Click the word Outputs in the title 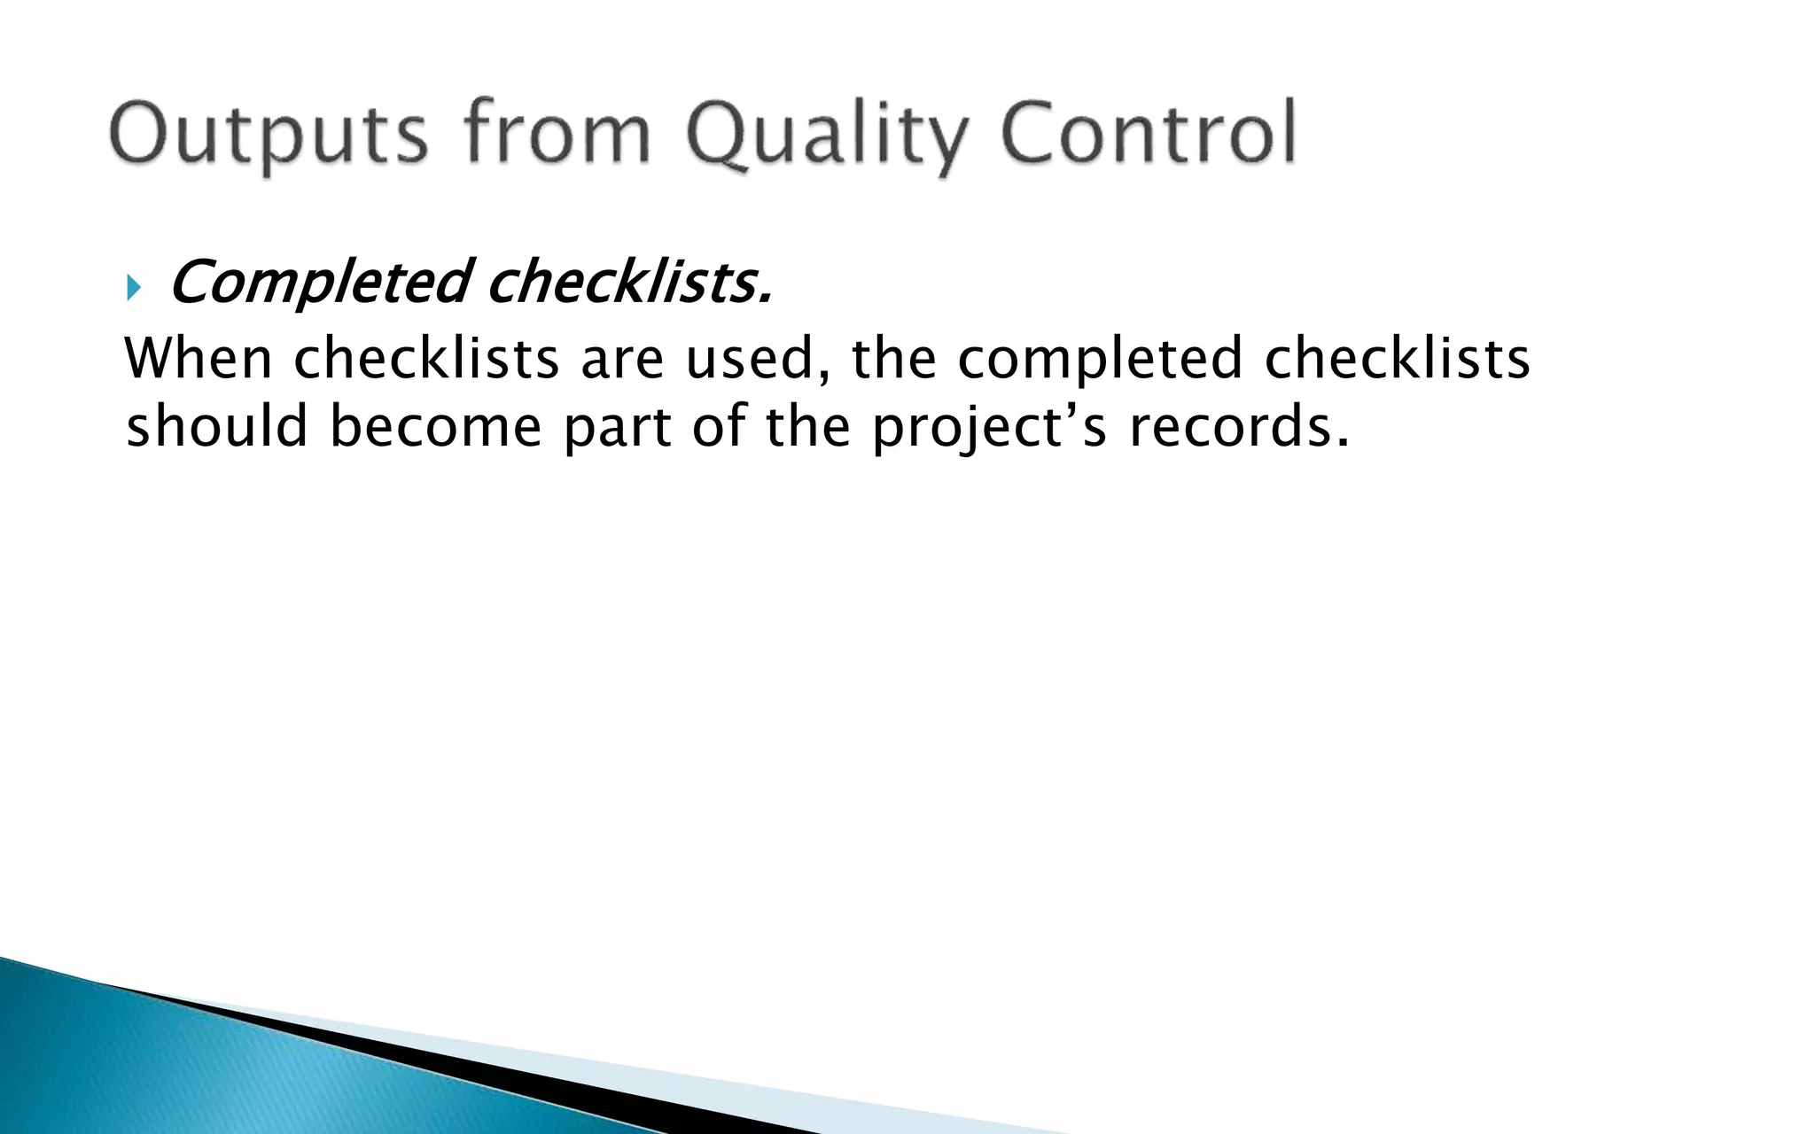tap(269, 135)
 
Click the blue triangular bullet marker tap(133, 287)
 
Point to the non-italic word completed tap(1100, 361)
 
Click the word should tap(217, 427)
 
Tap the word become tap(435, 427)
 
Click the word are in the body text tap(622, 361)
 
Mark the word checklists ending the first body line tap(1397, 359)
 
